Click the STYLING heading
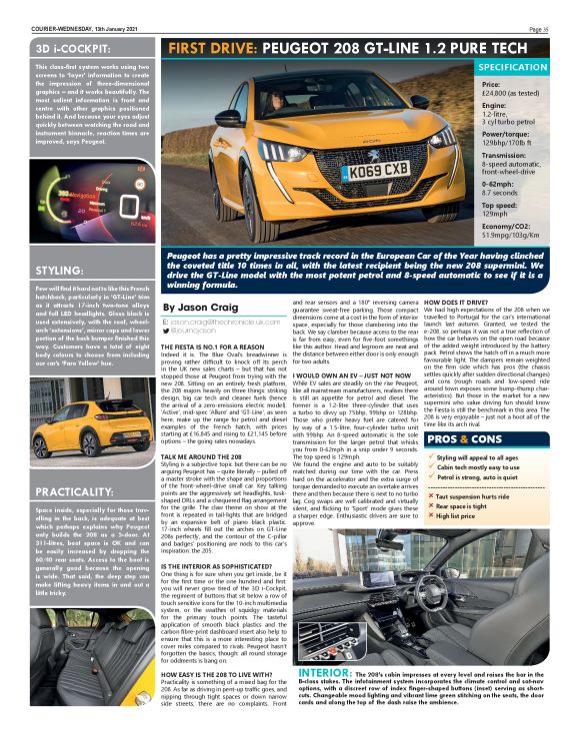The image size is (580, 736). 59,270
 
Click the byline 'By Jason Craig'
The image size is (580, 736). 201,309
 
